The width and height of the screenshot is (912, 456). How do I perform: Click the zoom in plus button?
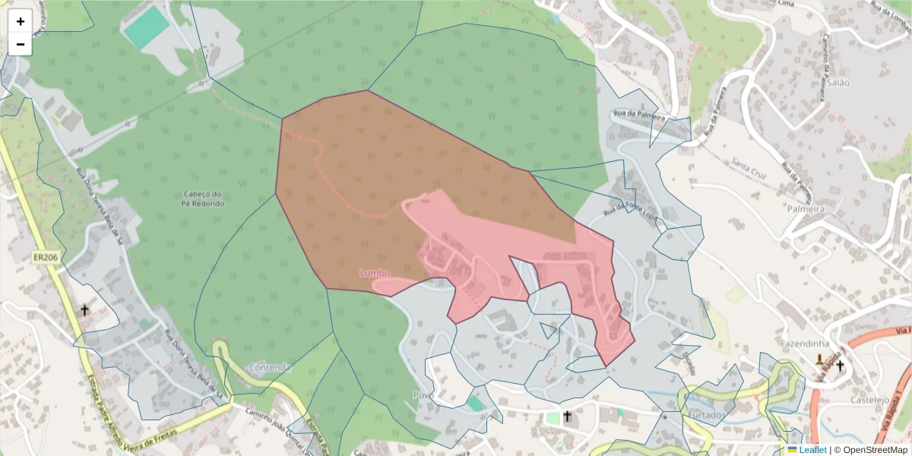coord(21,21)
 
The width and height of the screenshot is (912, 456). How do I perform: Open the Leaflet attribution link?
coord(812,450)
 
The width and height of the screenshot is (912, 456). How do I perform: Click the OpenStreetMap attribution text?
coord(875,450)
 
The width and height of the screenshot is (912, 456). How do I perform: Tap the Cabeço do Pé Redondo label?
coord(203,198)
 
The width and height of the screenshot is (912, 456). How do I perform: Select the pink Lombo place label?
coord(375,272)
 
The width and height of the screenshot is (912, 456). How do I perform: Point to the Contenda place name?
coord(269,368)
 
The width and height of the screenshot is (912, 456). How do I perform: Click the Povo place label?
coord(423,395)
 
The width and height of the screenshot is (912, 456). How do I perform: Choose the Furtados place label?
coord(708,415)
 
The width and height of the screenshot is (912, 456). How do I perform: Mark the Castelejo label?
coord(870,400)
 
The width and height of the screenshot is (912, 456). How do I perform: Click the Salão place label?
coord(838,82)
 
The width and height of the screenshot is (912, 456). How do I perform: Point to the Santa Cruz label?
coord(749,164)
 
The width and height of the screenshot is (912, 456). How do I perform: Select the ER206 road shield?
coord(46,258)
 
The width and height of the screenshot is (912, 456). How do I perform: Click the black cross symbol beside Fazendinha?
coord(841,366)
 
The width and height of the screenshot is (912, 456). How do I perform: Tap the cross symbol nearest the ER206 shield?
coord(84,310)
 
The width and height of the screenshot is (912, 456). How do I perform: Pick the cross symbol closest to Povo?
coord(566,416)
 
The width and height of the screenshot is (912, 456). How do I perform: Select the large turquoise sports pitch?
coord(147,28)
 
